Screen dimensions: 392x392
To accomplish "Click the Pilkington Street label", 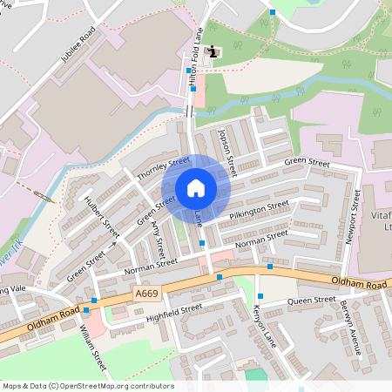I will [x=259, y=209].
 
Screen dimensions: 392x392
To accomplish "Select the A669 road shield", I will [x=147, y=295].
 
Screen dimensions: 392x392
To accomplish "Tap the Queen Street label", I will [x=312, y=301].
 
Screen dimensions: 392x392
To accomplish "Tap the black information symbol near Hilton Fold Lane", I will [x=214, y=52].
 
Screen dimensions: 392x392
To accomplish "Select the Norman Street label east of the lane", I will [x=261, y=237].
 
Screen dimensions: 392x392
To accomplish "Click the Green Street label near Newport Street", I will [x=307, y=164].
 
